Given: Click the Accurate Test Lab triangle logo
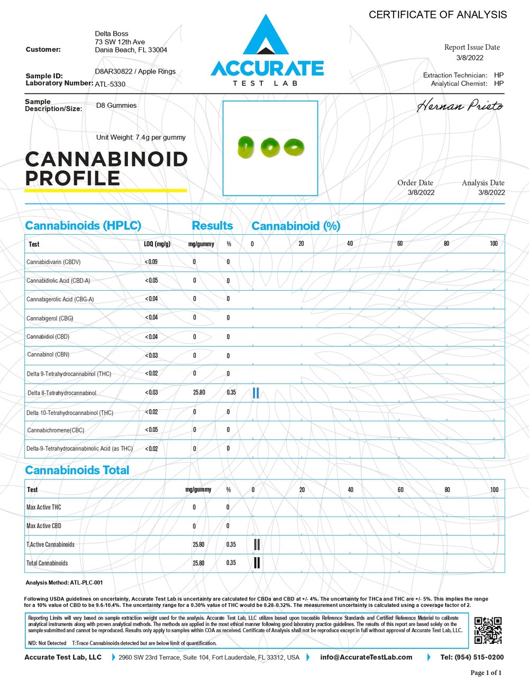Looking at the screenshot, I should [267, 36].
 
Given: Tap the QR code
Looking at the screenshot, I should [488, 630].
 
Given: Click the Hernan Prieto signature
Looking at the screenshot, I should [460, 106].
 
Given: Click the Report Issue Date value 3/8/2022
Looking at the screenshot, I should [470, 58].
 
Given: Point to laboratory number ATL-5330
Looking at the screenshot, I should [110, 84].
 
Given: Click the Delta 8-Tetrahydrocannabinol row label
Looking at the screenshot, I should [62, 393].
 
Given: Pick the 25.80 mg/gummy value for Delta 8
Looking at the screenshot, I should [199, 393].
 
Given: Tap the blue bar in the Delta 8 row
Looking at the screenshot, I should [256, 393].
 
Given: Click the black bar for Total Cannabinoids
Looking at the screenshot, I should [257, 562].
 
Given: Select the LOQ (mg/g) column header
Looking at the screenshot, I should [157, 244].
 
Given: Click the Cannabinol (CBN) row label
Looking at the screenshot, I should [48, 355].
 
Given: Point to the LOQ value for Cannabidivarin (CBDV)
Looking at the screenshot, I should [151, 262].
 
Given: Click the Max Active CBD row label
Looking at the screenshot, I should [44, 526].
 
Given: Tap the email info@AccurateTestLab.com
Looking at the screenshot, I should [366, 657].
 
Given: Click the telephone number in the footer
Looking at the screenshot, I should [472, 657].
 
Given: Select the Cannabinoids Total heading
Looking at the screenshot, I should [77, 470].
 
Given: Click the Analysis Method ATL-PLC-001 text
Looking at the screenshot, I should [64, 583].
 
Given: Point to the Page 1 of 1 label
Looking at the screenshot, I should [486, 672].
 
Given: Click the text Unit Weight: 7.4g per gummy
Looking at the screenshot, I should [141, 137].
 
